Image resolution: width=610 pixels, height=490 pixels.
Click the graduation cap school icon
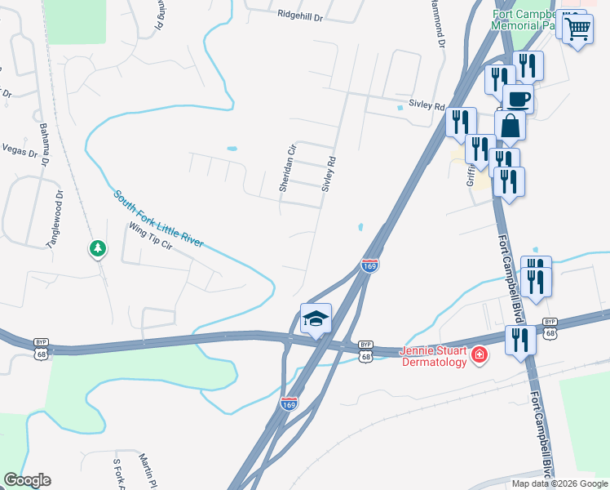click(316, 318)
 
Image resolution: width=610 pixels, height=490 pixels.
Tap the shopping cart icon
click(577, 29)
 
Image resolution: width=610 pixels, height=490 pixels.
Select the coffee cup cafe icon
click(518, 100)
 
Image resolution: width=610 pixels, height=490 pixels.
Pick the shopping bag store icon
click(511, 127)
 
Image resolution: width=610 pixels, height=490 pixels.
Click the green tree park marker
click(97, 247)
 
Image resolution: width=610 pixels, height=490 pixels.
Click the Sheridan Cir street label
click(285, 169)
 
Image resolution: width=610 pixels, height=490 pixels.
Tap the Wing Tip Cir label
click(151, 238)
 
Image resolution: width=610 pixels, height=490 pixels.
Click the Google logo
click(27, 480)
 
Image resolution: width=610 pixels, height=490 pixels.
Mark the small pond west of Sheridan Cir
click(232, 149)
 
